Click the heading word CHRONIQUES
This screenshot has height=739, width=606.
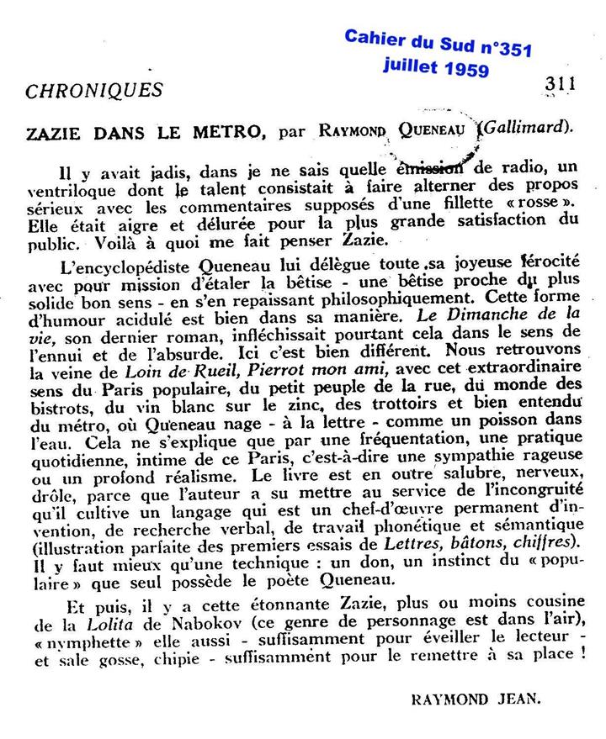[93, 89]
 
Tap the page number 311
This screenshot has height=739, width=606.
[560, 83]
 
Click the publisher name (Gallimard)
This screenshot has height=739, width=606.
[529, 128]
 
